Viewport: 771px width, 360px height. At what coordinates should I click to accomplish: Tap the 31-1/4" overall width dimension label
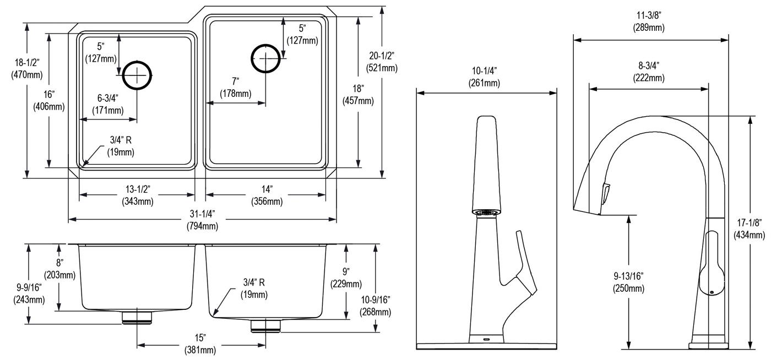point(203,220)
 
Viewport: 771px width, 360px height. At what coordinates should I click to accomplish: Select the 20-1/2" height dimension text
point(382,62)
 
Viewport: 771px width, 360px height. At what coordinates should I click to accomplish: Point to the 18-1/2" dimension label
point(27,68)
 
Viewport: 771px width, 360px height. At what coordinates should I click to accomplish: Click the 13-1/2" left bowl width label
point(138,195)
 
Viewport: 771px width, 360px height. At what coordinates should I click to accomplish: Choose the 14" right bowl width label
point(267,195)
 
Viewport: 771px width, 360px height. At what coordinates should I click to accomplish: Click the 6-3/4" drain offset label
point(108,104)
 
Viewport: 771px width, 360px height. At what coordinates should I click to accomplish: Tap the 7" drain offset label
point(236,87)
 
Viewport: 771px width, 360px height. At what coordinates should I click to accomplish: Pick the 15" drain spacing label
point(200,344)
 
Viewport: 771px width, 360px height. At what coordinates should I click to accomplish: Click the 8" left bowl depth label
point(59,269)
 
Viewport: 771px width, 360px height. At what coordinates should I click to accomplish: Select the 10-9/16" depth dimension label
point(375,306)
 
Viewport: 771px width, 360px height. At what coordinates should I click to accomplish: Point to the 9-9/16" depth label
point(29,293)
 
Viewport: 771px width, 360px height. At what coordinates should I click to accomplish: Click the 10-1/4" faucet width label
point(484,77)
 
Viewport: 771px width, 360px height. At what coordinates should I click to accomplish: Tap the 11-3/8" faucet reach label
point(649,21)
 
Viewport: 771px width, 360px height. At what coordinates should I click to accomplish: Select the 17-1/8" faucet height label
point(750,229)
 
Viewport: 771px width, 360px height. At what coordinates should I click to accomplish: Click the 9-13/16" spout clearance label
point(628,282)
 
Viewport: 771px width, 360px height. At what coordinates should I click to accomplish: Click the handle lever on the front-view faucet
point(523,265)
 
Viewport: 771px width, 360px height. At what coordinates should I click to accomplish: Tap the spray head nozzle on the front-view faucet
point(486,212)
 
